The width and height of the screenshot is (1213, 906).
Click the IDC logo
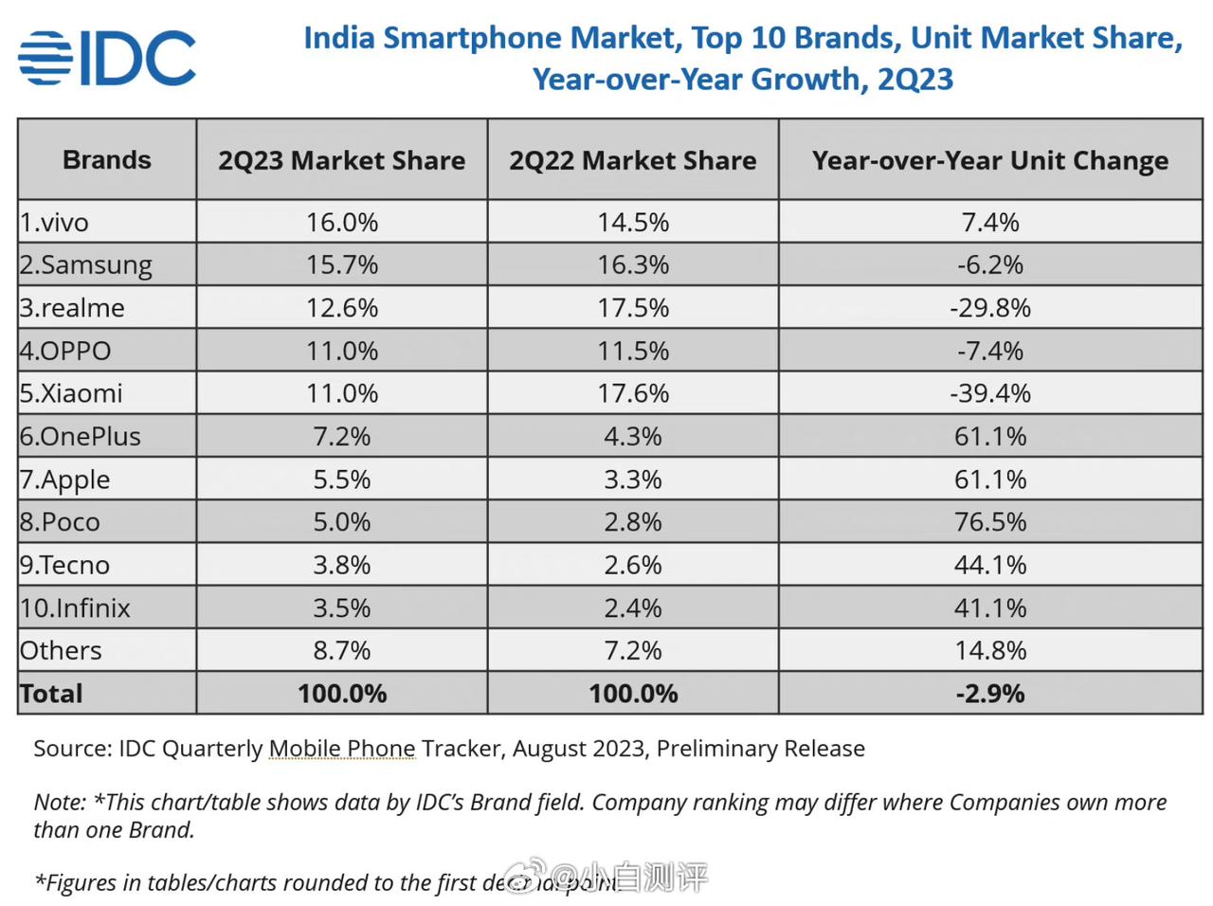[106, 58]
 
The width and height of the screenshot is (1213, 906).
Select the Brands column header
[107, 160]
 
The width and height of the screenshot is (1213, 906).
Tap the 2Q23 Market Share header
[341, 160]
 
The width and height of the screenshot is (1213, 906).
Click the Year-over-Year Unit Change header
[990, 160]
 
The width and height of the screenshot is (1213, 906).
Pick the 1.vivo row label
[55, 222]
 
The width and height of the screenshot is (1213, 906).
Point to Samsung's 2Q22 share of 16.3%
[633, 264]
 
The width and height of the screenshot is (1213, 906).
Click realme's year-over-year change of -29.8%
[990, 308]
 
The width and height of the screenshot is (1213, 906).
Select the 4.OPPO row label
[65, 351]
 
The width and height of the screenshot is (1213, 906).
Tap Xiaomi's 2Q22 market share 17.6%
[633, 393]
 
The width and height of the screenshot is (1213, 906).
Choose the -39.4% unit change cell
[990, 393]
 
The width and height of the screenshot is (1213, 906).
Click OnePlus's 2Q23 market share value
[341, 436]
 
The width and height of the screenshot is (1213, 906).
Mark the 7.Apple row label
[65, 480]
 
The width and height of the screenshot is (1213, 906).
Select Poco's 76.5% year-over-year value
[990, 522]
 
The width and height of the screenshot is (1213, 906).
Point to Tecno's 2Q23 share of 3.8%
[341, 565]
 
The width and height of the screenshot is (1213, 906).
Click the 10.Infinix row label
[76, 607]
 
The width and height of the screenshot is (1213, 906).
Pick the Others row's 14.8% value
[990, 651]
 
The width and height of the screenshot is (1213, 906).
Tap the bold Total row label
[52, 694]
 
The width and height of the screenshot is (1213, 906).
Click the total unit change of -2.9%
[990, 694]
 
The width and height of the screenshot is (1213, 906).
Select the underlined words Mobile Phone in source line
[342, 749]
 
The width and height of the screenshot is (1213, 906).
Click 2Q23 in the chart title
[914, 79]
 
